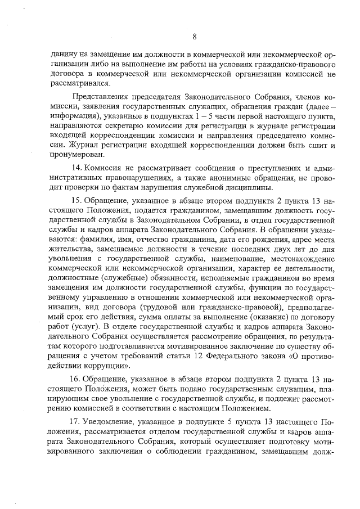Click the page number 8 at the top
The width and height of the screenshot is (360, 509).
pyautogui.click(x=194, y=37)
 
